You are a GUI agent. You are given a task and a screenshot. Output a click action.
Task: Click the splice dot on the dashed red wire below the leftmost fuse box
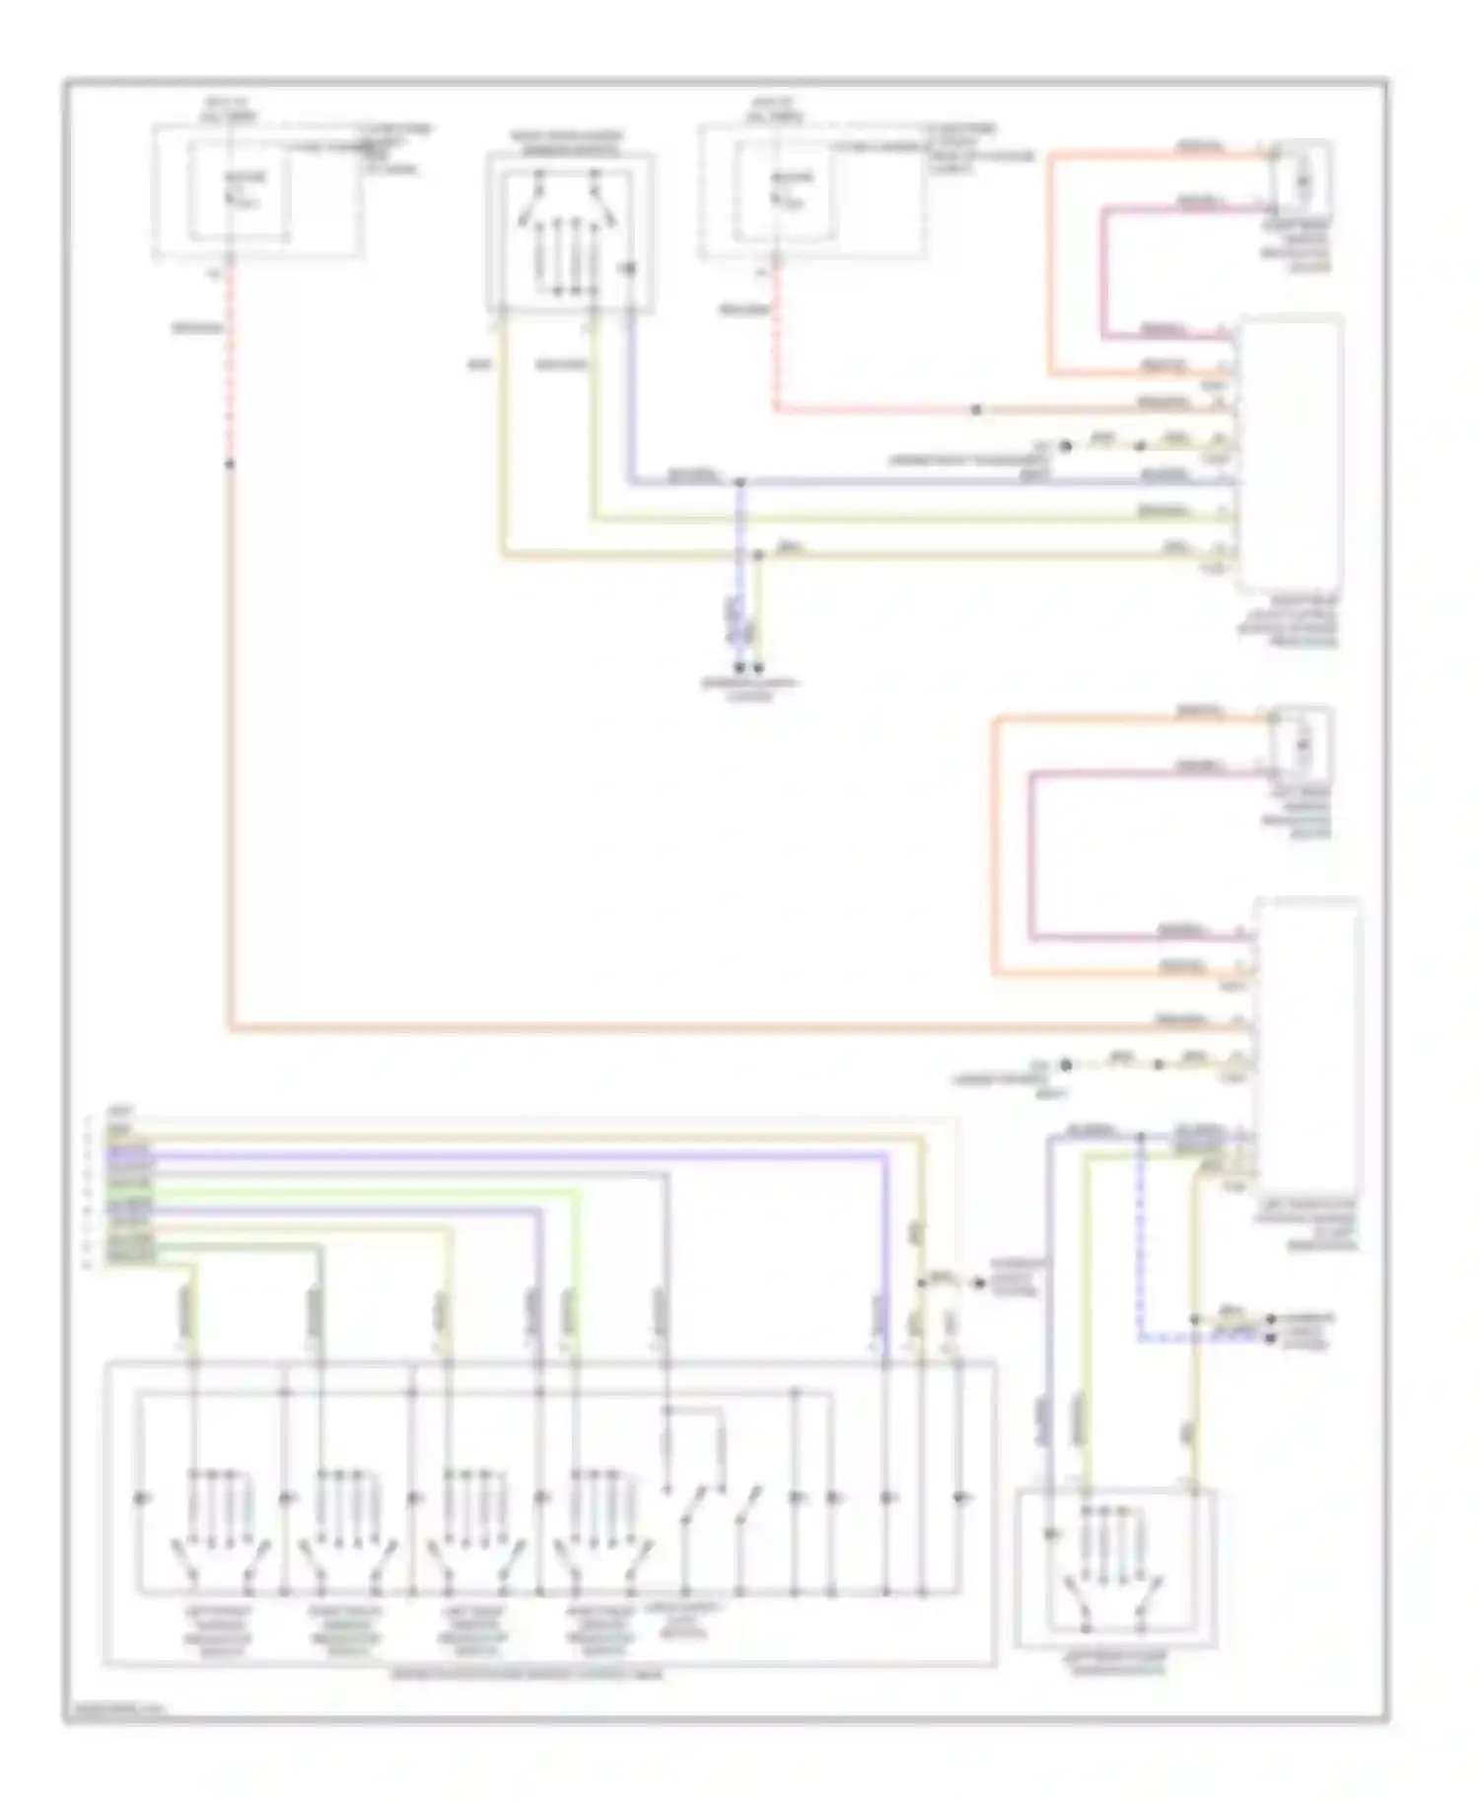[231, 463]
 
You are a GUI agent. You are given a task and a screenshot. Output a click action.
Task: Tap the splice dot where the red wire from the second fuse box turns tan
[975, 410]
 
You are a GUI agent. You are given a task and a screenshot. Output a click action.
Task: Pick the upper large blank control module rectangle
[1291, 453]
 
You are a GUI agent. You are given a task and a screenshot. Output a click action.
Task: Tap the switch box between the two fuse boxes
[569, 233]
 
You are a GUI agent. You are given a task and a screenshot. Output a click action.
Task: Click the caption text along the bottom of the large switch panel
[528, 1675]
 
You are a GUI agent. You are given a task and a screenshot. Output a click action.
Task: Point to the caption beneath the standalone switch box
[1114, 1664]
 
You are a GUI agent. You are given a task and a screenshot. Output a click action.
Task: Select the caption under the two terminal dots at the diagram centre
[749, 689]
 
